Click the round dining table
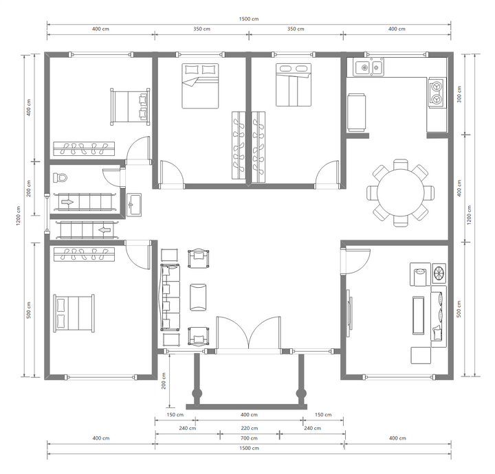400,192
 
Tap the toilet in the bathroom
60,177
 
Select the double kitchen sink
369,67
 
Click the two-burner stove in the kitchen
437,93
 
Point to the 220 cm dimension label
250,428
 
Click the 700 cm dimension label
249,438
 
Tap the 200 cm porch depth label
164,381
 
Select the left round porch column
197,393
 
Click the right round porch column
301,393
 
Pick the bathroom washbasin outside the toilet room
134,205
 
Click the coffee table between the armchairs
198,297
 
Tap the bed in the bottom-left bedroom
74,313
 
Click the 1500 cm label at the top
249,19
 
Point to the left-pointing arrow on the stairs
105,230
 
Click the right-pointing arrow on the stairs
67,202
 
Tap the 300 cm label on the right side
459,94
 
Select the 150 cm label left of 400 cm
175,415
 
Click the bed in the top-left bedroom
130,107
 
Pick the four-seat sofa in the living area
170,297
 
